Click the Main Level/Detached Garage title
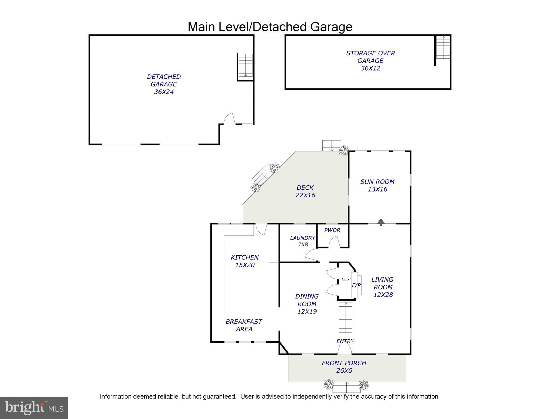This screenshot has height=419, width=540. (x=270, y=27)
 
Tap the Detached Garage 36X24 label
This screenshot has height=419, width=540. (x=164, y=84)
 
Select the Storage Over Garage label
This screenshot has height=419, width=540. (x=370, y=61)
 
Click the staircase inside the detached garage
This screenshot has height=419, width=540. (x=246, y=65)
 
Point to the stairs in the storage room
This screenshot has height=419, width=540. (x=443, y=47)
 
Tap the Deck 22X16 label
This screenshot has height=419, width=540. (x=305, y=191)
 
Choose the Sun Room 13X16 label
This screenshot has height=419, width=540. (x=377, y=185)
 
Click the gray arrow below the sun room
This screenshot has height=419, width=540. (x=381, y=222)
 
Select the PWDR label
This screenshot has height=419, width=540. (x=332, y=230)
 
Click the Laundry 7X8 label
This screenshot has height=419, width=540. (x=303, y=241)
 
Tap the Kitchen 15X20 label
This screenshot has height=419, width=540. (x=245, y=261)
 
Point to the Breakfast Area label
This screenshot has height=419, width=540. (x=244, y=325)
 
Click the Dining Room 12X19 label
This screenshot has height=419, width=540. (x=307, y=304)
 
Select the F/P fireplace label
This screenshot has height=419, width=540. (x=356, y=285)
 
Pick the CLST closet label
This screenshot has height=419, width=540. (x=346, y=279)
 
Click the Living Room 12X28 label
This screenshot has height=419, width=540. (x=383, y=287)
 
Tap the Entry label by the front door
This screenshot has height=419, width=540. (x=345, y=341)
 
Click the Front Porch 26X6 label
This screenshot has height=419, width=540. (x=344, y=367)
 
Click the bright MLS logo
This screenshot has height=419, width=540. (x=34, y=408)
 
